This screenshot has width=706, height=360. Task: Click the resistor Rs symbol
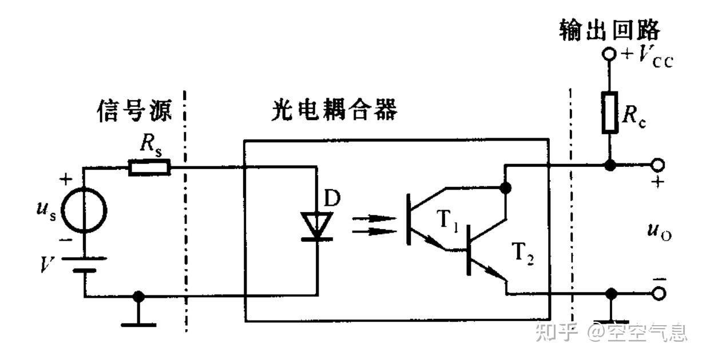(x=149, y=167)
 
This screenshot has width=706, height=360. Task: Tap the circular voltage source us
(x=84, y=211)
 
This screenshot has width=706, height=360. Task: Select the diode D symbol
(x=316, y=225)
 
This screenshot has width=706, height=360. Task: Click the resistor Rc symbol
(x=610, y=112)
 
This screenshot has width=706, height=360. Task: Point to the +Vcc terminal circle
(x=610, y=55)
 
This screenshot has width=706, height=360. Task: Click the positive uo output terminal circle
(x=658, y=165)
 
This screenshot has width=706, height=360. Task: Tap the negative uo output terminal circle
(x=658, y=294)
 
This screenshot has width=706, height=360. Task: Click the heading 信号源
(x=133, y=111)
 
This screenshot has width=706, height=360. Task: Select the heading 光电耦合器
(x=334, y=111)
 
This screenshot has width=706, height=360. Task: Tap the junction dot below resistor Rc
(x=610, y=165)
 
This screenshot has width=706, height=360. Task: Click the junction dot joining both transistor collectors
(x=505, y=187)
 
